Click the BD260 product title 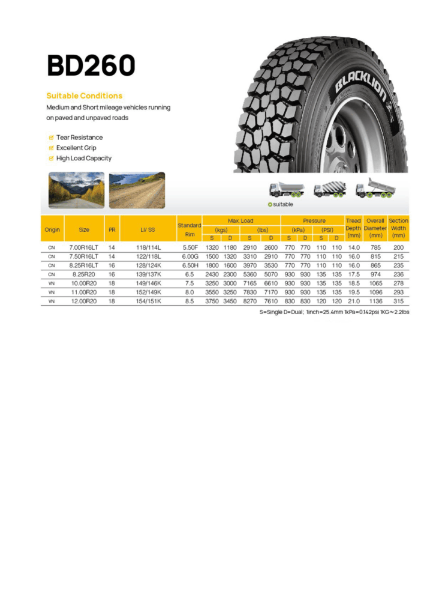pos(91,65)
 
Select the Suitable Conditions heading pos(84,95)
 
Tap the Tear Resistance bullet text pos(79,138)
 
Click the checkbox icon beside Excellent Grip pos(51,148)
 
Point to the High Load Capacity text pos(83,159)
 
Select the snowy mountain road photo pos(76,190)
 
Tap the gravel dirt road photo pos(137,190)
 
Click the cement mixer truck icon pos(329,189)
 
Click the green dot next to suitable pos(270,205)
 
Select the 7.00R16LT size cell pos(84,247)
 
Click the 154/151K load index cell pos(147,301)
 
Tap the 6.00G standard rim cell pos(190,256)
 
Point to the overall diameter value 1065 pos(375,283)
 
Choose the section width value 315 pos(398,301)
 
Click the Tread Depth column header pos(353,228)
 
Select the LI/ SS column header pos(147,229)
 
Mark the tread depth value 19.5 pos(353,292)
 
